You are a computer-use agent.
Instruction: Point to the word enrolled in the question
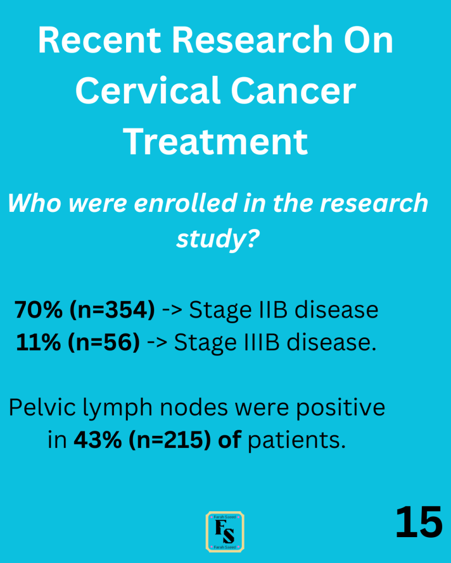(186, 203)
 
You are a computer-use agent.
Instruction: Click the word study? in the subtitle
(218, 238)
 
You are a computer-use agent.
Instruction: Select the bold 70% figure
(39, 309)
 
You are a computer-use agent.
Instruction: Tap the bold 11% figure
(39, 342)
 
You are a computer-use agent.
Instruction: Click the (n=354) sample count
(112, 310)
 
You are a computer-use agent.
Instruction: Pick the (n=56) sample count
(104, 342)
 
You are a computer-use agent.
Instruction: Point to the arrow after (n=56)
(157, 343)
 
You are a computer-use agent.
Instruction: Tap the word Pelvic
(42, 408)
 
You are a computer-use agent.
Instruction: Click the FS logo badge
(225, 532)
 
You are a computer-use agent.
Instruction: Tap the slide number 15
(419, 522)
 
